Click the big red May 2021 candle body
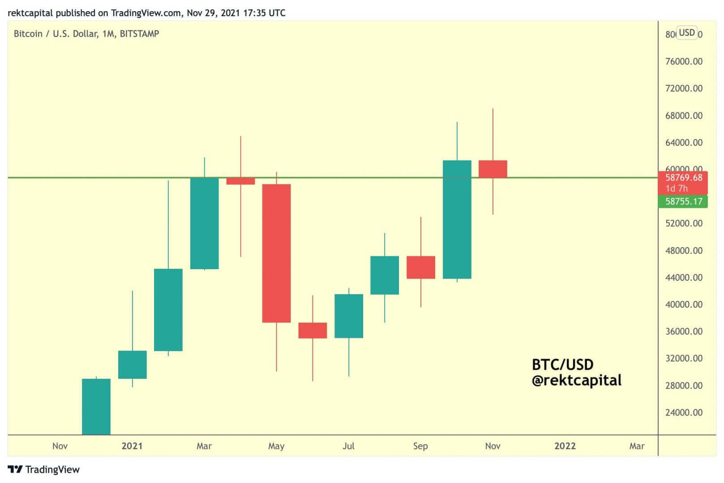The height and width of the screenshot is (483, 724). (x=276, y=253)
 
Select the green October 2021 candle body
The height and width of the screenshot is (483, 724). (x=457, y=219)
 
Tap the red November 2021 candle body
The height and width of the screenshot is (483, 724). (x=493, y=169)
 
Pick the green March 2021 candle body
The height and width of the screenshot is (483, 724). (x=204, y=223)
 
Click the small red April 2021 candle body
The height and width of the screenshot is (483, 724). (x=240, y=181)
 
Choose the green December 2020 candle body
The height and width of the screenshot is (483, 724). (x=96, y=406)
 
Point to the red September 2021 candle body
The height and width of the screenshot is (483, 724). (x=420, y=267)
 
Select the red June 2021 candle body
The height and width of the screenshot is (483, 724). (x=313, y=330)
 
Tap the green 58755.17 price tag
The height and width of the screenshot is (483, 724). (x=683, y=202)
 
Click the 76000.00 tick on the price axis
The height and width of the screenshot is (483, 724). (x=684, y=61)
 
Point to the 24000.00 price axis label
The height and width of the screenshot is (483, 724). (x=684, y=412)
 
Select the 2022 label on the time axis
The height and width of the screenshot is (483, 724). (x=565, y=446)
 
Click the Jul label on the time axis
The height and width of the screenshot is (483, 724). (x=348, y=446)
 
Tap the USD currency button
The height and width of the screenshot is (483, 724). (x=686, y=33)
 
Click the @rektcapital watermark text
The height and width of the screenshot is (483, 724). (x=576, y=381)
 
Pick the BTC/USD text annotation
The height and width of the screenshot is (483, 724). (x=562, y=364)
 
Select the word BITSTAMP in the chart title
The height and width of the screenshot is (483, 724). (x=139, y=34)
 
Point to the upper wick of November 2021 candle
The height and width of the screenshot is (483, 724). (x=493, y=134)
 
